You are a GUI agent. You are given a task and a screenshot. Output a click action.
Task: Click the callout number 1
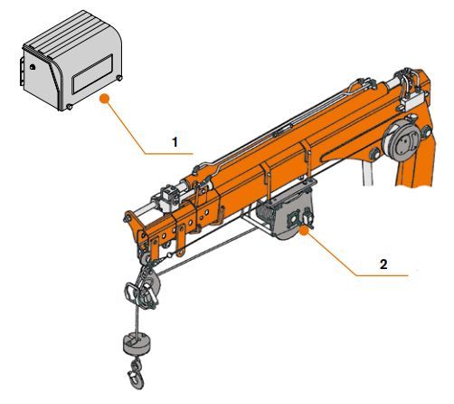click(x=175, y=141)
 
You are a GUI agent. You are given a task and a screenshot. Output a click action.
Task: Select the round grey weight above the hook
click(x=137, y=344)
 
